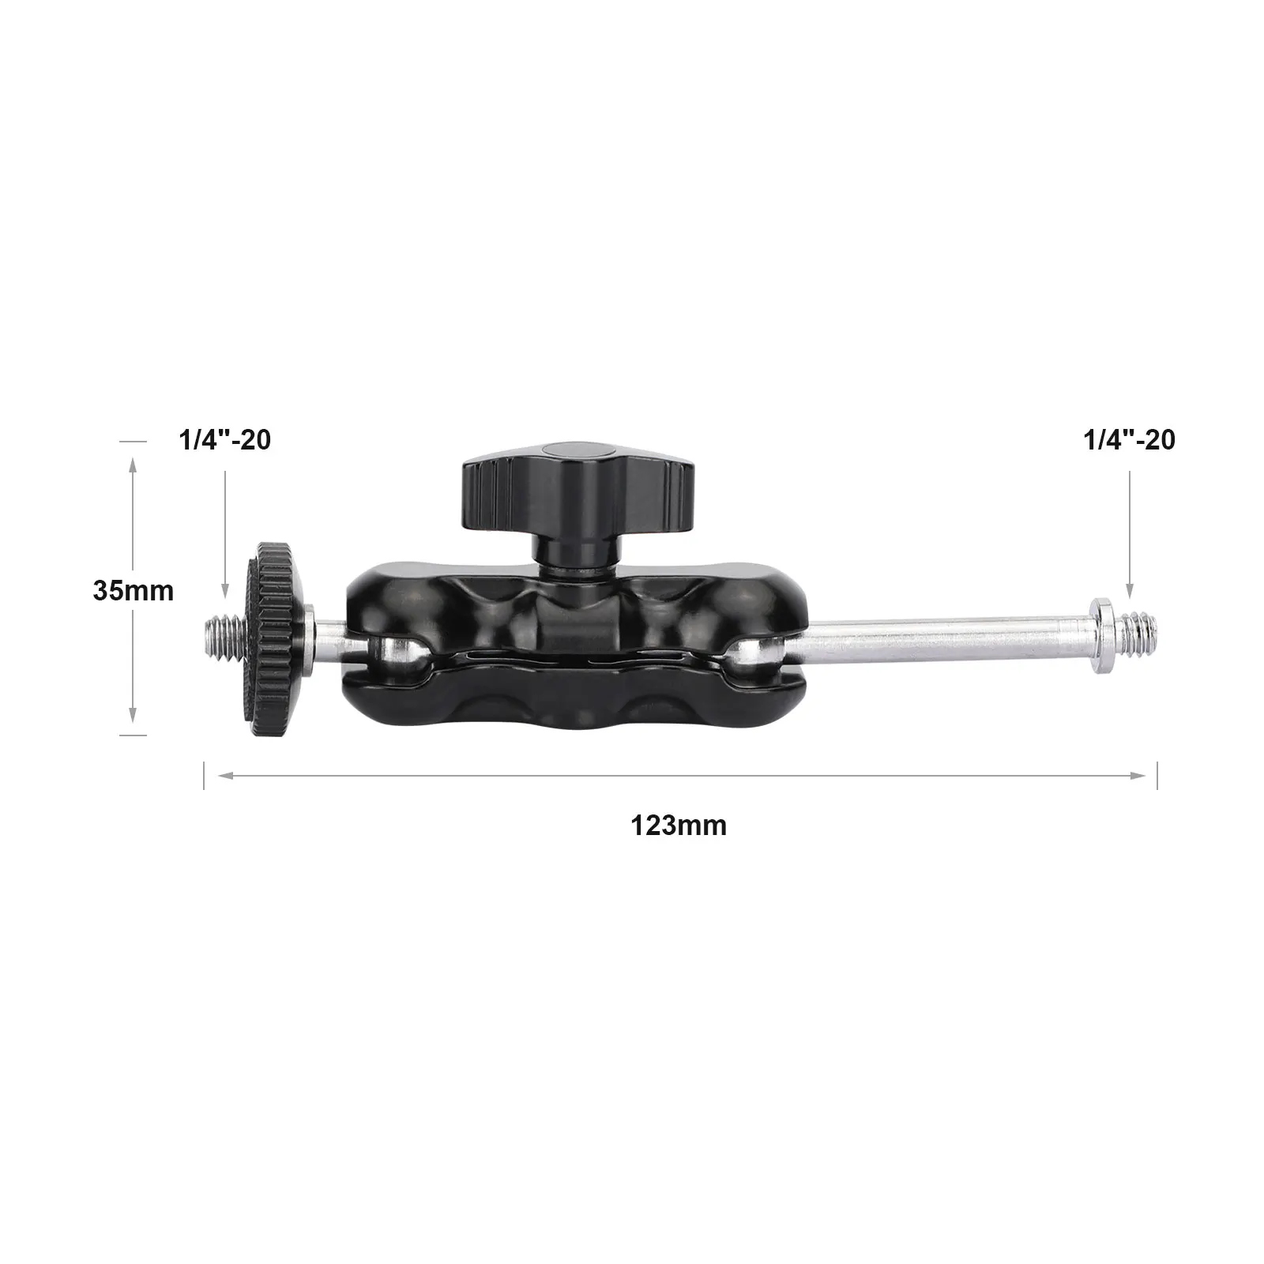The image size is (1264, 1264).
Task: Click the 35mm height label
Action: [x=133, y=590]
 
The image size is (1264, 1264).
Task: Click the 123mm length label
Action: [x=679, y=826]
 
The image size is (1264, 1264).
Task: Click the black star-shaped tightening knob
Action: [x=566, y=478]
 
